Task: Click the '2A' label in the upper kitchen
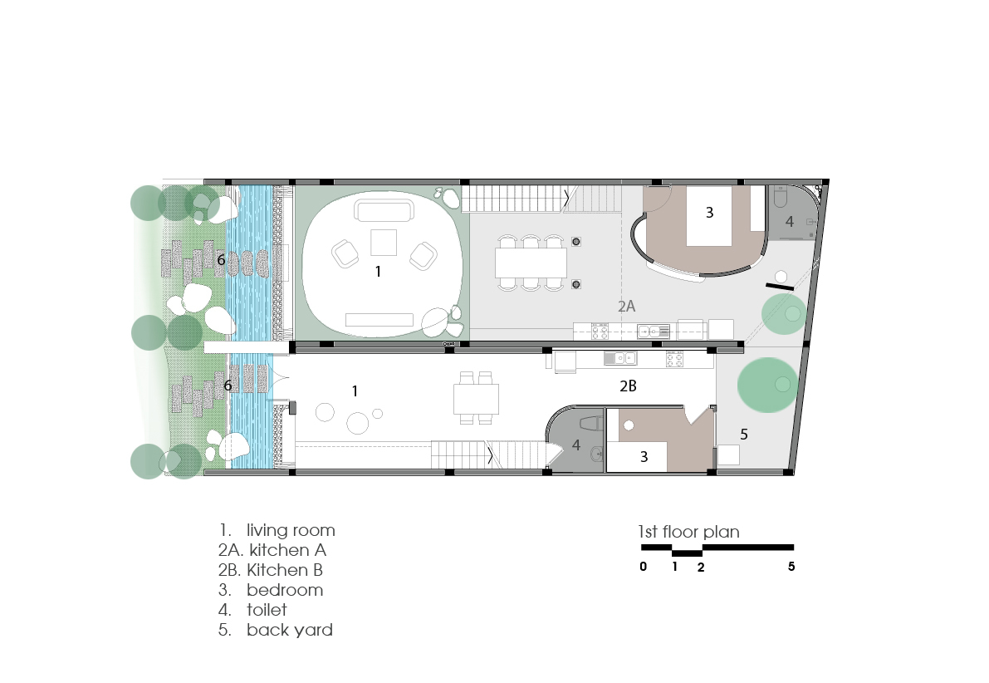coord(626,307)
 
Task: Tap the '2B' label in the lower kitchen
coord(629,386)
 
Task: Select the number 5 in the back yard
coord(744,435)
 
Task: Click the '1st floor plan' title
coord(688,532)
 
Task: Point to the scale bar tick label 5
coord(791,566)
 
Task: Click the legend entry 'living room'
coord(291,530)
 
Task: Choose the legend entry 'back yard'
coord(290,630)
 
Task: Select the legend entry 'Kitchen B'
coord(285,570)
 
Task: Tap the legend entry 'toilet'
coord(267,610)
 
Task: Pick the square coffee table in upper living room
coord(384,243)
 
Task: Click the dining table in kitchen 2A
coord(531,263)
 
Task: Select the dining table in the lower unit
coord(476,399)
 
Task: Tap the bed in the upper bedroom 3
coord(709,216)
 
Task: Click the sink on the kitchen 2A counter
coord(654,330)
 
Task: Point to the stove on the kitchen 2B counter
coord(674,359)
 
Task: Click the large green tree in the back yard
coord(767,385)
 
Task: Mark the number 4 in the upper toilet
coord(789,222)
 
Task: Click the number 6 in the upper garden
coord(221,260)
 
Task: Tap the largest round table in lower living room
coord(358,423)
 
